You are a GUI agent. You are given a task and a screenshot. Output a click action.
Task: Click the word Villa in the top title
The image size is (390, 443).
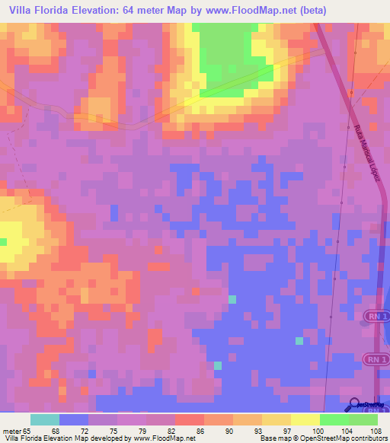point(22,11)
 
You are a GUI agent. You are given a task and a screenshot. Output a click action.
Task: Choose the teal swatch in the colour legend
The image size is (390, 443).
point(44,419)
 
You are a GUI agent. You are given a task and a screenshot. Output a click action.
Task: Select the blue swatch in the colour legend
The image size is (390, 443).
point(73,419)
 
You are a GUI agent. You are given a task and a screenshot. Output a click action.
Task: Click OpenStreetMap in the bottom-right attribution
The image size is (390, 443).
point(316,438)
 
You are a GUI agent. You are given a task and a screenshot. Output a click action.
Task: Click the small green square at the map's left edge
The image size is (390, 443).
point(3,242)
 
